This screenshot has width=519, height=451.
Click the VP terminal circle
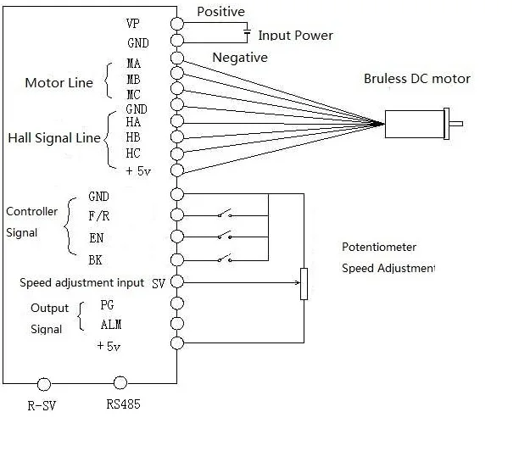[176, 24]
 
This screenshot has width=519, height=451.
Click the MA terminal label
[134, 63]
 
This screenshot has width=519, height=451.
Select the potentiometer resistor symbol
[304, 283]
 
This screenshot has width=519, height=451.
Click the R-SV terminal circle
[43, 383]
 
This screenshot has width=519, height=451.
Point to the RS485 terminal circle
[121, 383]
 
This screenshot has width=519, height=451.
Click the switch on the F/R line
[226, 215]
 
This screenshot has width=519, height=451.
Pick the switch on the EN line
[226, 237]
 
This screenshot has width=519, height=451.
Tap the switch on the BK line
[226, 258]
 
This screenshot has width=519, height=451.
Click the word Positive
[220, 12]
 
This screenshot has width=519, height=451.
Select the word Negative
[240, 58]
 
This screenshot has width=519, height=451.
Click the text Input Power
[295, 36]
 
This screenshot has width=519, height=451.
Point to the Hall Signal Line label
[53, 137]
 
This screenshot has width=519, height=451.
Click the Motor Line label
[59, 83]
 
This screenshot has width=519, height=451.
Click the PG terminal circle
[176, 303]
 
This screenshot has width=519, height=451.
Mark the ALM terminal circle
[176, 323]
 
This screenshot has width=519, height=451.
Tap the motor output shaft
[455, 125]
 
